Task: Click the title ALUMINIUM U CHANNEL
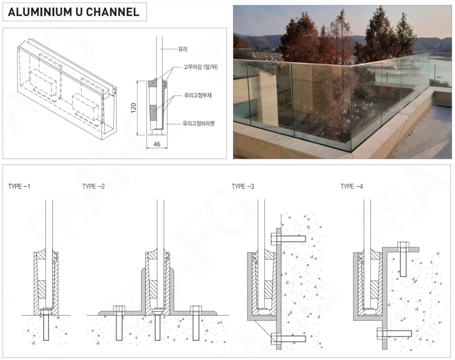(74, 12)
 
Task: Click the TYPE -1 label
(19, 186)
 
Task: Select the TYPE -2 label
(93, 186)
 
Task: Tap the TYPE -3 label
(243, 186)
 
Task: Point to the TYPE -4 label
(352, 186)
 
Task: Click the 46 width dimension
(156, 145)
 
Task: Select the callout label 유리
(182, 49)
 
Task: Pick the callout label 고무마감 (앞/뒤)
(200, 67)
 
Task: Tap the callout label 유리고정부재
(198, 95)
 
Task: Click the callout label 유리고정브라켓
(199, 123)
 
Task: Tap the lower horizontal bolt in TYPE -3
(289, 339)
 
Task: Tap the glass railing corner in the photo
(350, 106)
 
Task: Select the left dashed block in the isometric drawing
(42, 83)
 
